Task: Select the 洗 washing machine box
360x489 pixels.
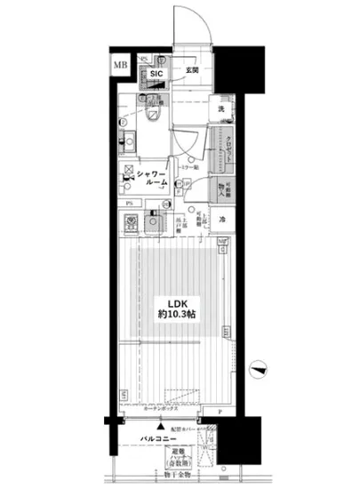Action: coord(222,109)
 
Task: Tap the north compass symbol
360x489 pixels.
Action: coord(259,365)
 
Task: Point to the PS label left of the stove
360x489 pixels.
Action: coord(130,204)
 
